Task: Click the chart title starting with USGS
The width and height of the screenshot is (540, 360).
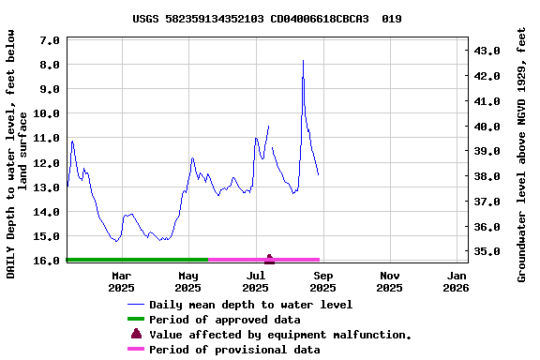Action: click(267, 18)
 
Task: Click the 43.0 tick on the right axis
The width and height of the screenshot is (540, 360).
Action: click(489, 51)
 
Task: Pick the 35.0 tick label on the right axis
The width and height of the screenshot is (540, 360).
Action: click(489, 252)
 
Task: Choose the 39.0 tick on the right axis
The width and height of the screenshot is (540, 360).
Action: click(489, 151)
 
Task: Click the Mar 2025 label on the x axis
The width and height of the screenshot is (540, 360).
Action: click(122, 281)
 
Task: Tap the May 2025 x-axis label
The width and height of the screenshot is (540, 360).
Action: click(188, 281)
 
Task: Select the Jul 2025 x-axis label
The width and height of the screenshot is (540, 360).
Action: click(256, 281)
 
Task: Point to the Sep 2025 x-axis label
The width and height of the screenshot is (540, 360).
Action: click(323, 281)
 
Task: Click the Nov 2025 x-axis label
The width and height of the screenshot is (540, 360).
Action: click(390, 281)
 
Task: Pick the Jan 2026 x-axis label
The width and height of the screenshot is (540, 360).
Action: click(457, 281)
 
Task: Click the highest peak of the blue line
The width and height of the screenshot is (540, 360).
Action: click(303, 61)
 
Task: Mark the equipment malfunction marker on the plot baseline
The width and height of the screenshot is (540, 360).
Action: click(270, 258)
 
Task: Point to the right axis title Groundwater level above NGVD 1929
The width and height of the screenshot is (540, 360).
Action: click(522, 154)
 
